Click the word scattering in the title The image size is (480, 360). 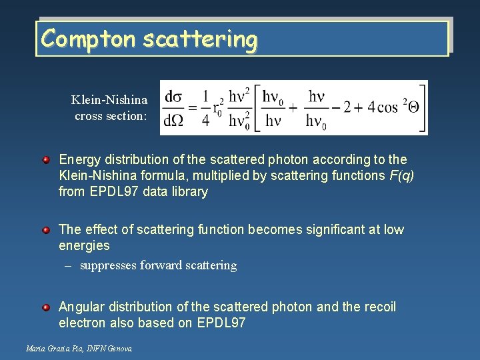click(199, 39)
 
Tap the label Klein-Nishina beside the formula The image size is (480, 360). click(109, 100)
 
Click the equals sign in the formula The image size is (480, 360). click(193, 108)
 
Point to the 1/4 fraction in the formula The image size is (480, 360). click(206, 108)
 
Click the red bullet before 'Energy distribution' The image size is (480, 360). click(46, 160)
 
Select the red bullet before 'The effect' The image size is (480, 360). click(46, 230)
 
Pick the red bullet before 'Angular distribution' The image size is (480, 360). click(46, 307)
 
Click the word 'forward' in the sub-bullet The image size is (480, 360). click(159, 265)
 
